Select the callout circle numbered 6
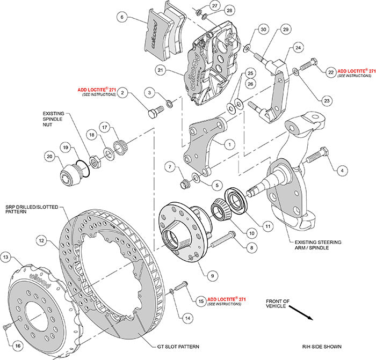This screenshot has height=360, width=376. coord(123,17)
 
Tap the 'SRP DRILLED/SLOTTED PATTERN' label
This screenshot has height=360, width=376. coord(27,209)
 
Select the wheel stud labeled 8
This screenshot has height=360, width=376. coord(222,239)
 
